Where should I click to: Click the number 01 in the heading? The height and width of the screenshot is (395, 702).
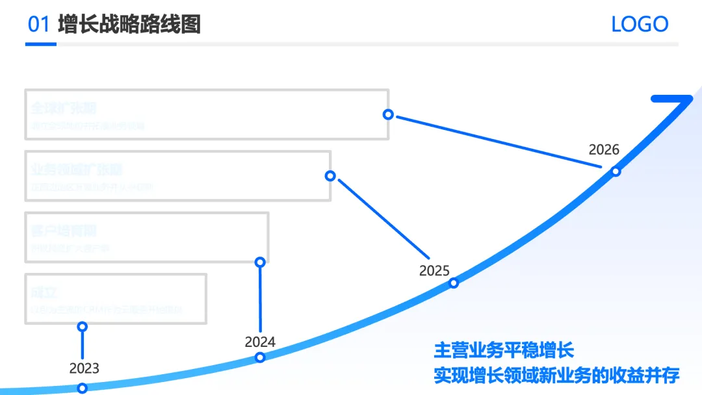click(x=38, y=24)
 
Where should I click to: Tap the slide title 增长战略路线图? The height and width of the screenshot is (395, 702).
click(x=129, y=24)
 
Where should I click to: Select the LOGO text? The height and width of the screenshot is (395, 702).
click(x=640, y=25)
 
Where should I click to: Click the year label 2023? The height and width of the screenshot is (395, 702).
click(x=84, y=368)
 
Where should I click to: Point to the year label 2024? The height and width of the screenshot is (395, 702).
click(x=260, y=342)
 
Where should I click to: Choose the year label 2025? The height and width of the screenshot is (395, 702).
click(x=434, y=270)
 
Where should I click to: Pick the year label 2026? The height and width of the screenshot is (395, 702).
click(x=604, y=149)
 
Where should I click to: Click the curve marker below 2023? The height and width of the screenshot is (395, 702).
click(x=83, y=389)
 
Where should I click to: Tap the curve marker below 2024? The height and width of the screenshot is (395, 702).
click(x=260, y=357)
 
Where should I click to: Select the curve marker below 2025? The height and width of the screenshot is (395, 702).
click(x=454, y=283)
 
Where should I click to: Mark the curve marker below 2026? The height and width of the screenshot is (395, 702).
click(x=616, y=172)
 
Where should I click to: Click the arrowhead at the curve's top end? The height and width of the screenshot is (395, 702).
click(x=676, y=101)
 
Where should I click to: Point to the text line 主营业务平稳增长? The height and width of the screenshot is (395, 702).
click(x=504, y=351)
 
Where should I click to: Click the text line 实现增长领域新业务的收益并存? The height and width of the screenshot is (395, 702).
click(x=556, y=376)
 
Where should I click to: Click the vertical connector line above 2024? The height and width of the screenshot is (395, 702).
click(x=260, y=299)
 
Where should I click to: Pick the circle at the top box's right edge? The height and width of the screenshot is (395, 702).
click(x=388, y=114)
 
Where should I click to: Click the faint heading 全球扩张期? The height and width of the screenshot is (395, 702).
click(x=64, y=108)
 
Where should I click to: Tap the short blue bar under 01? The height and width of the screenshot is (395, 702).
click(x=41, y=44)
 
